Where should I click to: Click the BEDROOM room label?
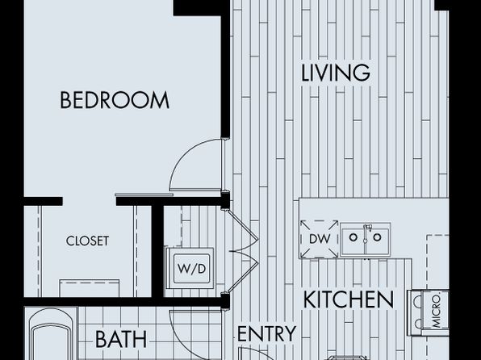(115, 100)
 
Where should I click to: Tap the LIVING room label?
(336, 73)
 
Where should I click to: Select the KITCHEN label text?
(349, 299)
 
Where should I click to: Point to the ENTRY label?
(267, 333)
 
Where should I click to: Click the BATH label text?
(121, 340)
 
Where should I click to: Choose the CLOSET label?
(87, 241)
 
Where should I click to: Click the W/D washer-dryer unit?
(190, 268)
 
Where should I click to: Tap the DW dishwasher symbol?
(319, 239)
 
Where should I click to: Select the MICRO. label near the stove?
(436, 312)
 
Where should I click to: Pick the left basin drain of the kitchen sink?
(353, 237)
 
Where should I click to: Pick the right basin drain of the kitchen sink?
(378, 237)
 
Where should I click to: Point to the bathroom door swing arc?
(178, 334)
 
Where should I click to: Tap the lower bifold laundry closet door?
(242, 271)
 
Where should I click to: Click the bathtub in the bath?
(51, 334)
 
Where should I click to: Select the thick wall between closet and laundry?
(157, 251)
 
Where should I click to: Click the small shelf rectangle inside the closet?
(90, 288)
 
